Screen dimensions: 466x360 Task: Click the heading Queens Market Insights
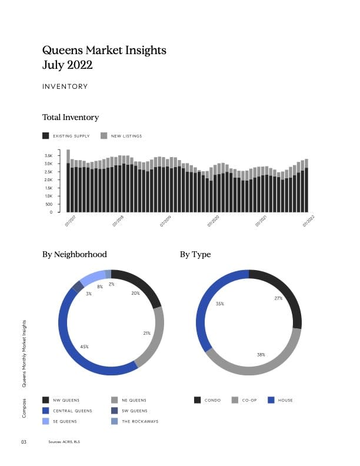click(x=104, y=50)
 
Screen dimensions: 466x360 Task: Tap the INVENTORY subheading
click(x=65, y=86)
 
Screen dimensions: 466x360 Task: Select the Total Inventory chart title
click(x=71, y=118)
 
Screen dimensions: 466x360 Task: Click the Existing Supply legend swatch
click(x=46, y=136)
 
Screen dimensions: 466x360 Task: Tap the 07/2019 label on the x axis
click(x=165, y=221)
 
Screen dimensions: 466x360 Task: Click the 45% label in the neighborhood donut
click(x=84, y=347)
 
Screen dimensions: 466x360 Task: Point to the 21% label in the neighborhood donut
click(x=147, y=333)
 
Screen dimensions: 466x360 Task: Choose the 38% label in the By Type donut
click(x=261, y=355)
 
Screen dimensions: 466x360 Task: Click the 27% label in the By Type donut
click(x=278, y=298)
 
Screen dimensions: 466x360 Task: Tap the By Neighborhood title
click(x=75, y=255)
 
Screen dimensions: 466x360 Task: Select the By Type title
click(x=195, y=255)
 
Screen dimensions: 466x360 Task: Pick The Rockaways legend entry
click(x=139, y=421)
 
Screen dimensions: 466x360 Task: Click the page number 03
click(x=24, y=441)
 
